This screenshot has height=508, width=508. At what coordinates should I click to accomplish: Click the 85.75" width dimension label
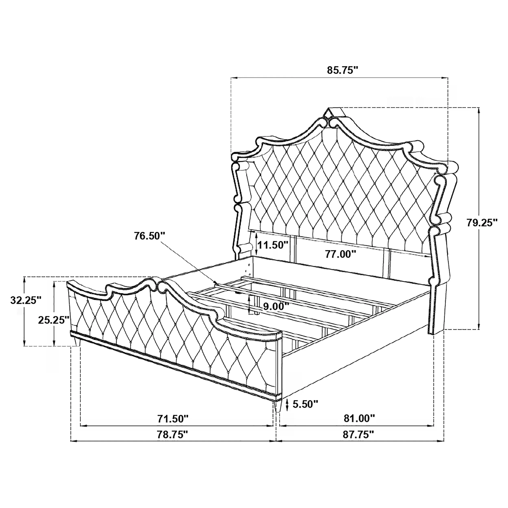[x=343, y=71]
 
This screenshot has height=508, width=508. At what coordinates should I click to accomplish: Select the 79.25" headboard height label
[x=482, y=223]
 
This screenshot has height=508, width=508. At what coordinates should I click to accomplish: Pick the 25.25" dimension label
[x=54, y=320]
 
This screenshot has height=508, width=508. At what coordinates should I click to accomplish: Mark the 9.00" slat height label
[x=276, y=306]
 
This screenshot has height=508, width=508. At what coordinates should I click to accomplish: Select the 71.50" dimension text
[x=173, y=418]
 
